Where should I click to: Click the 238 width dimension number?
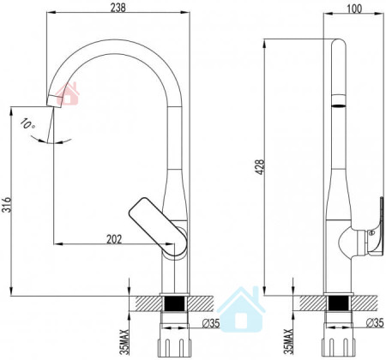click(118, 8)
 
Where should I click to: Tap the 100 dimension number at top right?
click(354, 9)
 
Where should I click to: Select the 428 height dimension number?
click(261, 167)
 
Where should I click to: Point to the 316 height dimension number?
click(7, 205)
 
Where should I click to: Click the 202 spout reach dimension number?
click(114, 239)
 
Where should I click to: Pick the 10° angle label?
click(27, 124)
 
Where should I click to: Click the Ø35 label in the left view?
click(211, 323)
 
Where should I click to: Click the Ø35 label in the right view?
click(375, 322)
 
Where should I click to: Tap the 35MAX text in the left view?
click(124, 342)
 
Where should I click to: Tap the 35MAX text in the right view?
click(288, 341)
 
